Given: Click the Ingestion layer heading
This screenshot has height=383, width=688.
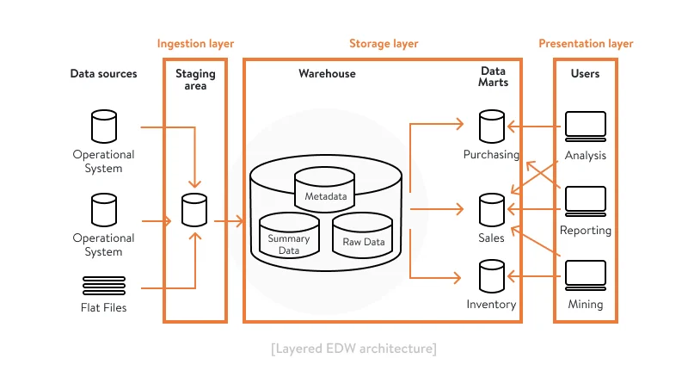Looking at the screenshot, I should (195, 43).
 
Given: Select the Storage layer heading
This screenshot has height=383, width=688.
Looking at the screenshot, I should (384, 43).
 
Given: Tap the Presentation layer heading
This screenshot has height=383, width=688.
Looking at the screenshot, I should (586, 43).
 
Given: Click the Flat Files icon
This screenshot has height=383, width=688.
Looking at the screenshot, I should (103, 285).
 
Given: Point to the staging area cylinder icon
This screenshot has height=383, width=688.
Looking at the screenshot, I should (195, 209).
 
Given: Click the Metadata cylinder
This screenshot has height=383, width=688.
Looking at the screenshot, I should (326, 189).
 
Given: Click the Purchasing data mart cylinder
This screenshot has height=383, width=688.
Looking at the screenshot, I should (491, 127).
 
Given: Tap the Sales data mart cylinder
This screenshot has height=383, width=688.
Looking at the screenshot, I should (491, 209).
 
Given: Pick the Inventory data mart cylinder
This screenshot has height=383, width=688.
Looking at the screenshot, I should (491, 276).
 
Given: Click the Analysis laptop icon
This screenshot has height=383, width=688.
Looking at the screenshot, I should (586, 127).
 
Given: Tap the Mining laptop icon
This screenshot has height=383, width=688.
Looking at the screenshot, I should (586, 276).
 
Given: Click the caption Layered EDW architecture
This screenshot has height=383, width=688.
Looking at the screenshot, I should (353, 349).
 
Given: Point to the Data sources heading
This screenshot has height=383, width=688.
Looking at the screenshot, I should (103, 74).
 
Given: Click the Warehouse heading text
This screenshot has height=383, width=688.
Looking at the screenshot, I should (327, 74).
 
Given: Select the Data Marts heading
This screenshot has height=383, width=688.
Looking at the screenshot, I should (493, 77).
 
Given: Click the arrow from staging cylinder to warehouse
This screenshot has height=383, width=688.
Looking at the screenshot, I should (228, 222).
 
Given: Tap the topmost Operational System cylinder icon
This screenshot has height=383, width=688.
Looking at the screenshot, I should (103, 127).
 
